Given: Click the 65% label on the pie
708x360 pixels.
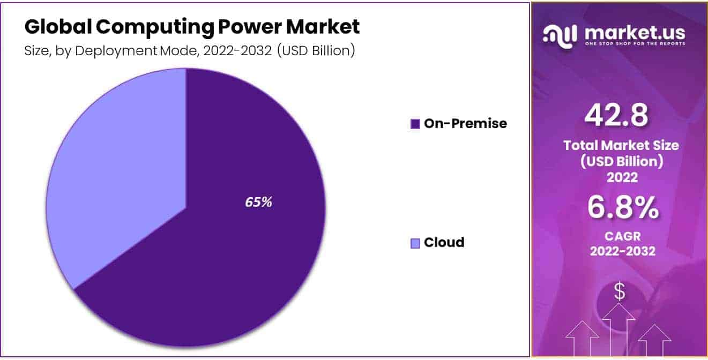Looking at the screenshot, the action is pyautogui.click(x=258, y=202).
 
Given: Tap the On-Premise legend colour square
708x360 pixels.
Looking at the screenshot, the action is pyautogui.click(x=415, y=124).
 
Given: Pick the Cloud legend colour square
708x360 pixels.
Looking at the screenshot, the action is pyautogui.click(x=415, y=243).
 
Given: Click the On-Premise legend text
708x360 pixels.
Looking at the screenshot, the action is pyautogui.click(x=465, y=123).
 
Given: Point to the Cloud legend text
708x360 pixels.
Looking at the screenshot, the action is pyautogui.click(x=444, y=243).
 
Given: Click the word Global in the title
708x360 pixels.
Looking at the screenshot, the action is pyautogui.click(x=58, y=27).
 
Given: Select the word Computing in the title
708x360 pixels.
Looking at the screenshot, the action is pyautogui.click(x=155, y=28).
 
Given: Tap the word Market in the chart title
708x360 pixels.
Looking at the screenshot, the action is pyautogui.click(x=323, y=27).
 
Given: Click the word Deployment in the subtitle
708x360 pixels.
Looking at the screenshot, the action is pyautogui.click(x=116, y=51).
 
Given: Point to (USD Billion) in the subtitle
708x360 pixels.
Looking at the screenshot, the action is pyautogui.click(x=316, y=51).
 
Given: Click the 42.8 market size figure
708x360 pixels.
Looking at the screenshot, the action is pyautogui.click(x=616, y=115).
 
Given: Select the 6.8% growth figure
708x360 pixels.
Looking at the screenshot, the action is pyautogui.click(x=623, y=207).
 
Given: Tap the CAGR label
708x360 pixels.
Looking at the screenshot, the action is pyautogui.click(x=623, y=236).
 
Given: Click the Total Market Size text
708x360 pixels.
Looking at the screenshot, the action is pyautogui.click(x=621, y=145).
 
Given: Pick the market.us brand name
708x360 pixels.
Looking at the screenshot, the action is pyautogui.click(x=635, y=33).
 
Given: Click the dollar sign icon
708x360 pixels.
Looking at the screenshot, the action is pyautogui.click(x=620, y=291).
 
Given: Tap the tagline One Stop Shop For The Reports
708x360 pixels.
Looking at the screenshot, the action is pyautogui.click(x=635, y=43).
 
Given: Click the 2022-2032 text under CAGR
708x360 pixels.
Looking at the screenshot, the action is pyautogui.click(x=623, y=251).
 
